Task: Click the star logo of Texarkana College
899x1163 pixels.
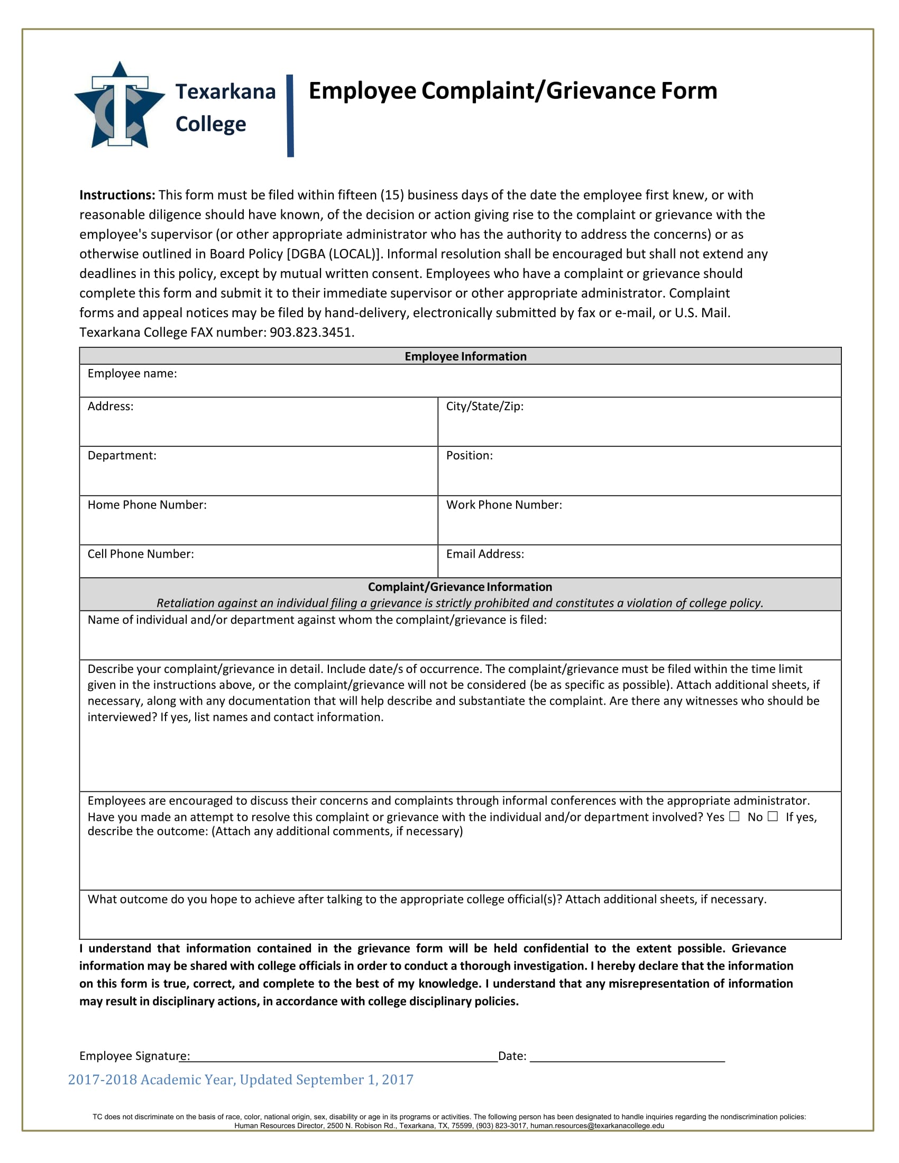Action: click(x=120, y=106)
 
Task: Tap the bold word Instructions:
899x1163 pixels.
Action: click(x=117, y=195)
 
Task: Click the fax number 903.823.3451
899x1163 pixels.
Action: click(x=311, y=333)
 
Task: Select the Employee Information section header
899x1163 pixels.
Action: click(x=465, y=356)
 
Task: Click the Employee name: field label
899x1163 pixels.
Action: click(x=132, y=373)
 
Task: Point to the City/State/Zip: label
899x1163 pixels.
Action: click(x=484, y=407)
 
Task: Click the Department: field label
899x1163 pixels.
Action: click(x=122, y=455)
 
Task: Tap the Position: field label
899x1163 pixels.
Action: click(x=469, y=455)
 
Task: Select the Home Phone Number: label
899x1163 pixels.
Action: click(x=147, y=505)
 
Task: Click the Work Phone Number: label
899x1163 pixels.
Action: click(x=504, y=505)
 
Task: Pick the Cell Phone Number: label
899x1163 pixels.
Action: click(x=141, y=554)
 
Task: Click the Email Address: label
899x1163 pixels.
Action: click(x=484, y=554)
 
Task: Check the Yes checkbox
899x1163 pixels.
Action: click(x=734, y=816)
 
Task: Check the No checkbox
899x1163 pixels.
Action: click(x=772, y=816)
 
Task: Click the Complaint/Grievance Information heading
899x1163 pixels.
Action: click(x=460, y=587)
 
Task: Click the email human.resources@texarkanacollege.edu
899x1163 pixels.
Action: click(x=597, y=1125)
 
